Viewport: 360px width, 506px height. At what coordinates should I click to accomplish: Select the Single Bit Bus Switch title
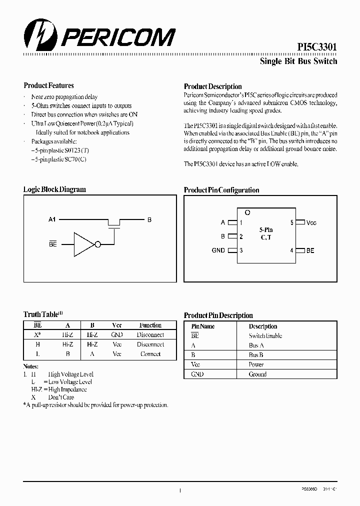point(298,61)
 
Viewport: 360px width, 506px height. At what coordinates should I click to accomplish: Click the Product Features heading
point(48,85)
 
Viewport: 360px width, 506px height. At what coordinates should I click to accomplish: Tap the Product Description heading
point(212,86)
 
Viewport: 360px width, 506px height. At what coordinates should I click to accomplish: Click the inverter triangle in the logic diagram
point(83,244)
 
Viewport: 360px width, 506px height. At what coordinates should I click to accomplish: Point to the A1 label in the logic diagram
point(52,219)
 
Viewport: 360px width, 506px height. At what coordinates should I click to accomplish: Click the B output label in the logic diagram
point(149,219)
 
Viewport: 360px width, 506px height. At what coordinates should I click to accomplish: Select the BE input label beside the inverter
point(52,244)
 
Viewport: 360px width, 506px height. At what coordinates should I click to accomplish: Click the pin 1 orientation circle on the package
point(247,212)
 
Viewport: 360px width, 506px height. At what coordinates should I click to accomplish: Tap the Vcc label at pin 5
point(311,222)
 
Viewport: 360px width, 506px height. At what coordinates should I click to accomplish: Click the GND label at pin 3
point(218,250)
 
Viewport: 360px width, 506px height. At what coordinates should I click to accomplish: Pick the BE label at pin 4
point(310,250)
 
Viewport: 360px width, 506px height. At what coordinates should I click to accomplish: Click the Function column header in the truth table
point(150,325)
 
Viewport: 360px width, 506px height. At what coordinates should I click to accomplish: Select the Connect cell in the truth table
point(150,354)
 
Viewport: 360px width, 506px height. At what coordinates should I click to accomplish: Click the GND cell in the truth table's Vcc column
point(116,335)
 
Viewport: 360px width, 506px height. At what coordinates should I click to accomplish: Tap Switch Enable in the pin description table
point(265,336)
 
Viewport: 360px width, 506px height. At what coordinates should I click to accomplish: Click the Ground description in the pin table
point(257,374)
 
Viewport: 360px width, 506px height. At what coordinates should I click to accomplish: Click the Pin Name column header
point(203,326)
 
